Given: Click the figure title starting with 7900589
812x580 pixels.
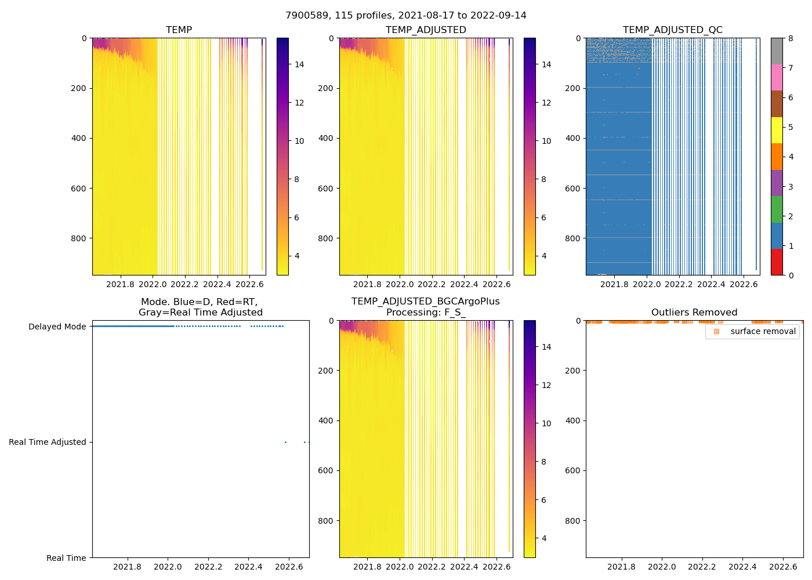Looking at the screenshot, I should pos(406,16).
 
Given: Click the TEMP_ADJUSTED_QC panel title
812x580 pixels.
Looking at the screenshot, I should pos(672,30).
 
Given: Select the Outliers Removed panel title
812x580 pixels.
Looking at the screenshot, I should pos(694,313).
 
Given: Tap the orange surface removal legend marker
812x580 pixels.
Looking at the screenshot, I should pos(716,332).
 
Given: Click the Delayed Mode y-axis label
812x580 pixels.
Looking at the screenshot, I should pos(57,327).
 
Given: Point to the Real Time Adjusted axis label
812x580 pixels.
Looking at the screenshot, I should pos(47,443).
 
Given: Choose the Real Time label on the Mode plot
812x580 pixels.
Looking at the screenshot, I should pos(66,558).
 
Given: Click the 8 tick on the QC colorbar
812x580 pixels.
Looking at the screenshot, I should pos(791,38).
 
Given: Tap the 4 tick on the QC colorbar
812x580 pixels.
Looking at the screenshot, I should pos(791,157).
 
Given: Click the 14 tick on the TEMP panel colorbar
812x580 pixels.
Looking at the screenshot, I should pos(299,64).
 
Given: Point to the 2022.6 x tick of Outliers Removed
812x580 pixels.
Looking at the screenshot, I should pos(783,567).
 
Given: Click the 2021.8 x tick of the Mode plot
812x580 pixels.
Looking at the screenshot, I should pos(127,567).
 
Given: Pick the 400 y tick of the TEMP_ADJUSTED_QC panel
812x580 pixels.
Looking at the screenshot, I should pos(572,138).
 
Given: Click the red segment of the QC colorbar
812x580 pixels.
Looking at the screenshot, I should pos(777,262).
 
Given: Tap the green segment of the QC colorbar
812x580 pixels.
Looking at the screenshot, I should pos(777,209).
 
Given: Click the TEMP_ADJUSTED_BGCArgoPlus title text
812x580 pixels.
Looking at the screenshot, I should pos(425,302).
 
